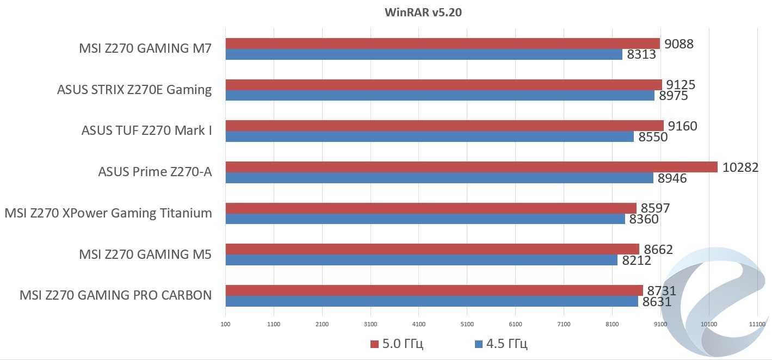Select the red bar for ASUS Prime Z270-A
(x=471, y=167)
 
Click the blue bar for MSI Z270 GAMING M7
(x=424, y=54)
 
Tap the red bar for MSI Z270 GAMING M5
(x=432, y=249)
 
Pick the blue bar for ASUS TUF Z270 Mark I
(x=429, y=136)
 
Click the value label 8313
(x=641, y=54)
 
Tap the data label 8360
(x=644, y=219)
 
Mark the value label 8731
(x=662, y=290)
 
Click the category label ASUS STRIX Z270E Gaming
(x=134, y=90)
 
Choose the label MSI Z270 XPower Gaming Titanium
(x=108, y=213)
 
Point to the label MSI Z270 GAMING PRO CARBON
(x=115, y=295)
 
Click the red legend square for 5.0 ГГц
(x=374, y=344)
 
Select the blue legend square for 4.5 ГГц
(x=479, y=344)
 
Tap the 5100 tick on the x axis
(x=467, y=325)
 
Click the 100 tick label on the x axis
(x=225, y=325)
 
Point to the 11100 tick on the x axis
(x=757, y=325)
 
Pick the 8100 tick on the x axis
(x=612, y=325)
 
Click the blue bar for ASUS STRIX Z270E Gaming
(x=440, y=96)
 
